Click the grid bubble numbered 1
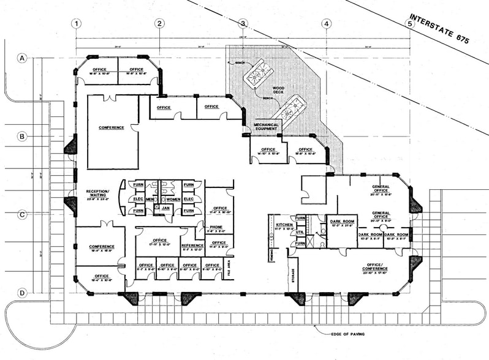point(77,24)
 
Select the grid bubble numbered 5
point(409,24)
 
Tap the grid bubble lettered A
point(23,59)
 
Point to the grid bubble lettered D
point(23,293)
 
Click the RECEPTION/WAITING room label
point(97,194)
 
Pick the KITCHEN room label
point(284,225)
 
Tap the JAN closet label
point(165,208)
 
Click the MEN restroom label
point(150,199)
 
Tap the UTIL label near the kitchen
point(300,232)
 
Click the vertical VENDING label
point(271,253)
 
